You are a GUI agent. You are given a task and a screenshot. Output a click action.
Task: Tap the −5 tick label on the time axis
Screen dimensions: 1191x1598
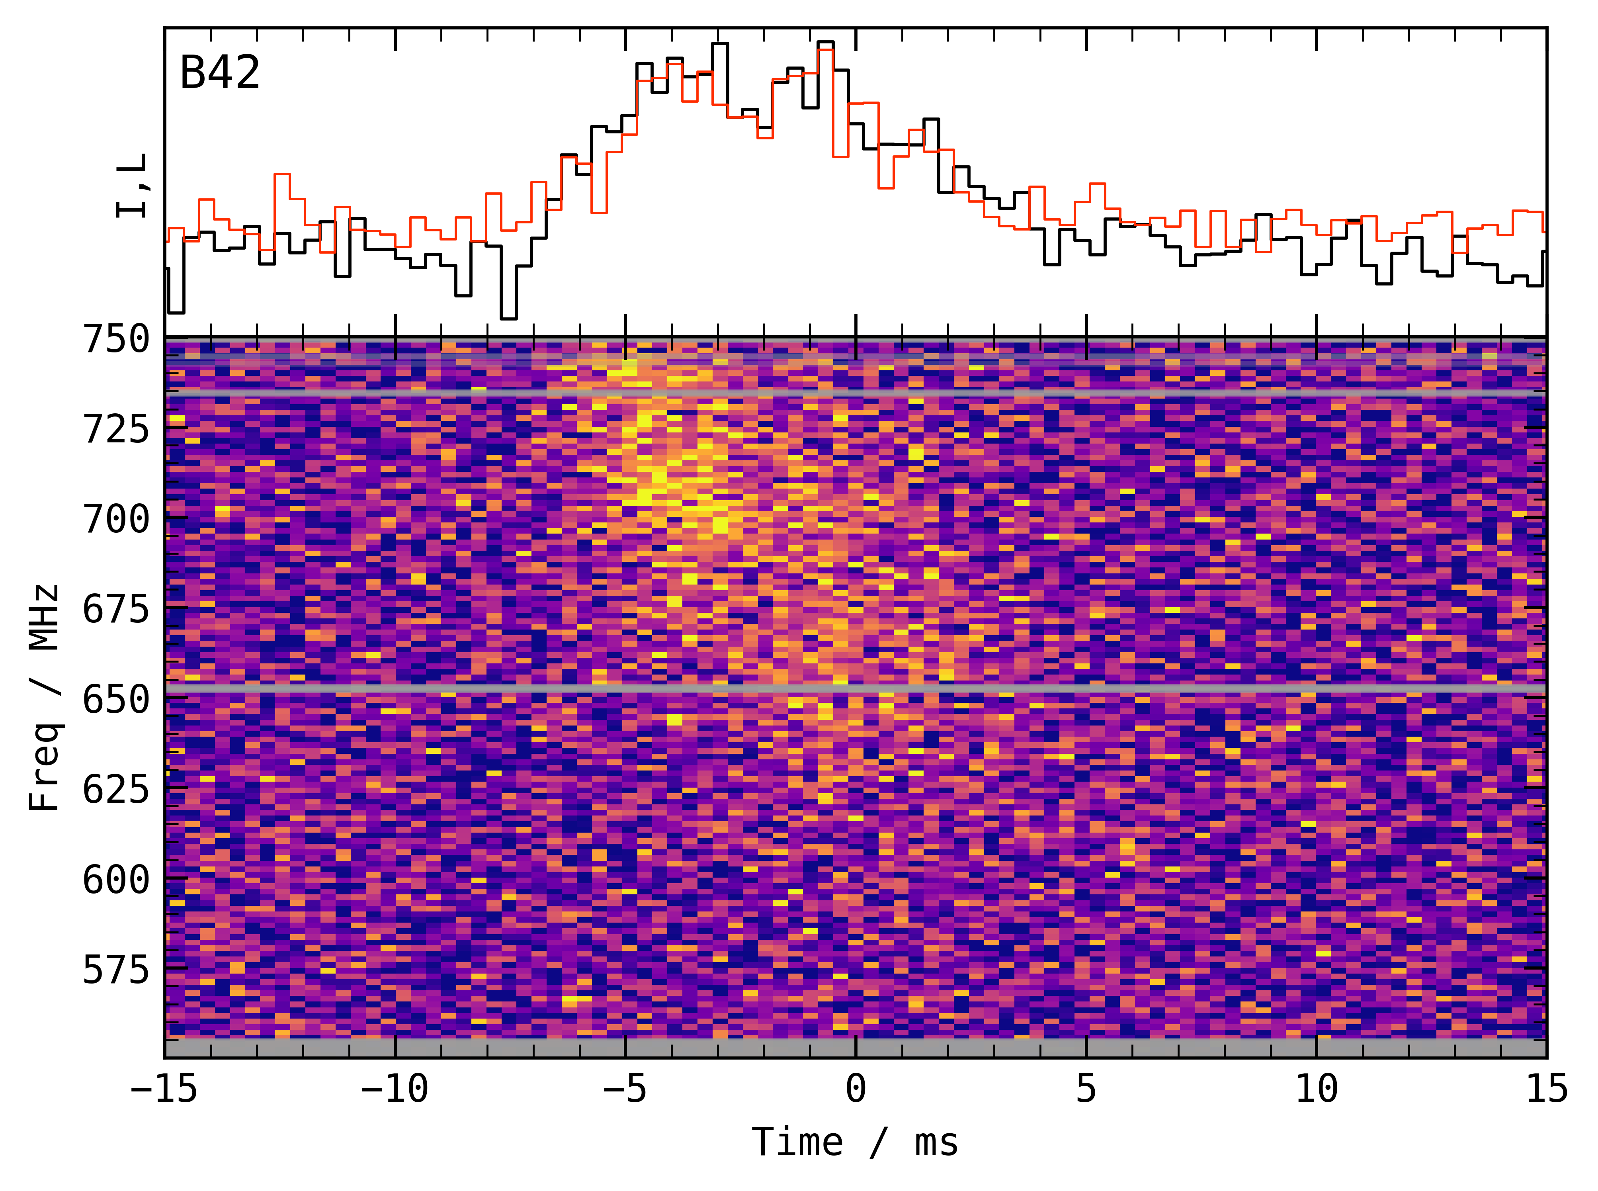pyautogui.click(x=625, y=1089)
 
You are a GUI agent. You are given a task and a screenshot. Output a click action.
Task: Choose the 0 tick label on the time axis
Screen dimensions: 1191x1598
pyautogui.click(x=856, y=1089)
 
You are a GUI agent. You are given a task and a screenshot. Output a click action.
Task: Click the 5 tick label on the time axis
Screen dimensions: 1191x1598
pyautogui.click(x=1086, y=1089)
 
